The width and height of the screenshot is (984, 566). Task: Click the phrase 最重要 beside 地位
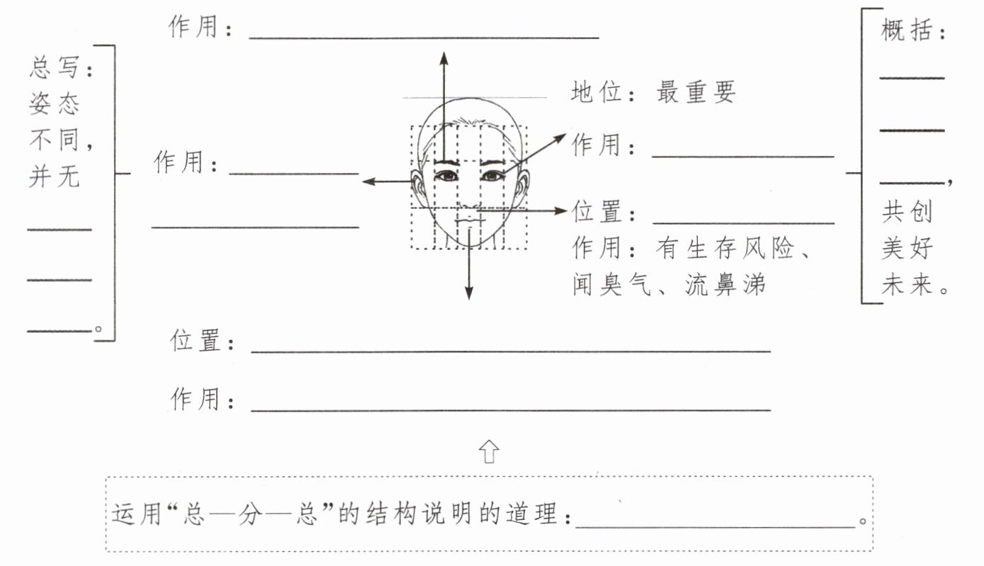point(696,92)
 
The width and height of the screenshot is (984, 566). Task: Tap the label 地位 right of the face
point(596,92)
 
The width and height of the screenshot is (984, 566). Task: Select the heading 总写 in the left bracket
point(55,67)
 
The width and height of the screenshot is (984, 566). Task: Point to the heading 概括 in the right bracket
point(906,30)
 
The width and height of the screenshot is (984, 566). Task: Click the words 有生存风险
point(725,248)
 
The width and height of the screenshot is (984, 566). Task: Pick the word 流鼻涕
point(725,284)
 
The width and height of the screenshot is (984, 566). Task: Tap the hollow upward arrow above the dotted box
point(489,451)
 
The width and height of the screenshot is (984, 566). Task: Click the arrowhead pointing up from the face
point(444,59)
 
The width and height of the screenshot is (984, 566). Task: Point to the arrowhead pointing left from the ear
point(369,181)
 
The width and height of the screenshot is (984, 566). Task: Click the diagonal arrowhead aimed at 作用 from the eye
point(560,138)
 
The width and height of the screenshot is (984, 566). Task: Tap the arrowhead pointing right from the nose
point(560,211)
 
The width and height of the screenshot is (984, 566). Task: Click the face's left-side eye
point(447,176)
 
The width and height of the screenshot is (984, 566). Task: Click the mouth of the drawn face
point(470,219)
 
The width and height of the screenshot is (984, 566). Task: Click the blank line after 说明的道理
point(716,527)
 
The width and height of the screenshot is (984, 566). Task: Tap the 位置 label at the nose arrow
point(596,211)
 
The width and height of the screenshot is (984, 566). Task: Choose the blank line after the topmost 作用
point(424,38)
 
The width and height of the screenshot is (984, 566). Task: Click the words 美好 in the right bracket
point(906,248)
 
